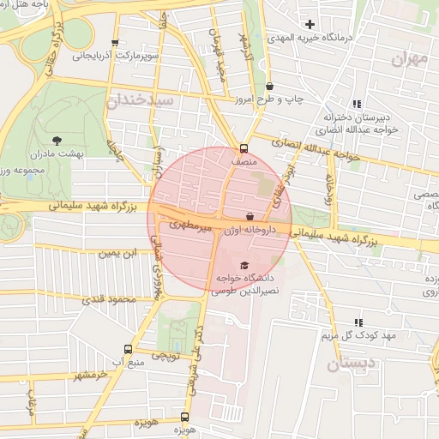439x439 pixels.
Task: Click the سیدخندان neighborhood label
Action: [x=141, y=101]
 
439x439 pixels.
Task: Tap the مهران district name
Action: [x=408, y=58]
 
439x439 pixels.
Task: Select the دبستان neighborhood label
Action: [x=352, y=364]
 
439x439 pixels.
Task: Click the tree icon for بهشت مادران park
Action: [x=57, y=139]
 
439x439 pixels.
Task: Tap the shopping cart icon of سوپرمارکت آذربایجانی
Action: [x=116, y=43]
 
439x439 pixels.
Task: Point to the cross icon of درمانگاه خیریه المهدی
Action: [x=310, y=24]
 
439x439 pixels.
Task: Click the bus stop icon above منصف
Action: [x=244, y=147]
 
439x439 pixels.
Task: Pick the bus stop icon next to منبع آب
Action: [x=129, y=349]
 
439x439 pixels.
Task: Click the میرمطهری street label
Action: [x=189, y=226]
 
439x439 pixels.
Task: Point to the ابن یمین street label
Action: [x=117, y=254]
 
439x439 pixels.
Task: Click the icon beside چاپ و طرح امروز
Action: [x=271, y=87]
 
